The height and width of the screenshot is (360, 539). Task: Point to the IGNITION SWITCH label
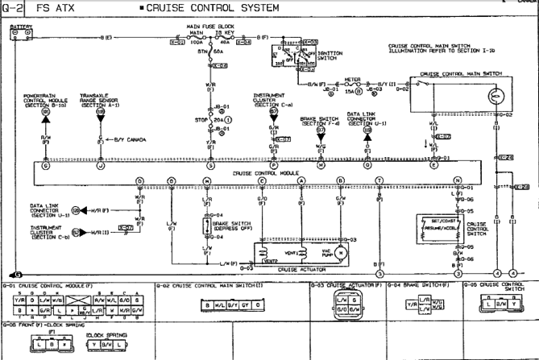coord(327,56)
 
